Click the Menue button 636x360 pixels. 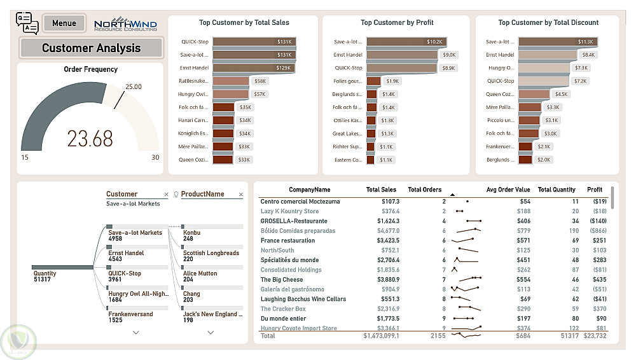(x=64, y=24)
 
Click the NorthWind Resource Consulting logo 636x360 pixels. (x=125, y=24)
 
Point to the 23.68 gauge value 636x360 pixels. (x=90, y=139)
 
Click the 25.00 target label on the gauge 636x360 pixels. (x=134, y=87)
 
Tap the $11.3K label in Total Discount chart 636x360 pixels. (x=585, y=41)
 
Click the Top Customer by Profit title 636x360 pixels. (x=397, y=22)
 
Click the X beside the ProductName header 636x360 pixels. (x=240, y=195)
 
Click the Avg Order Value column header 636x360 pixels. (x=508, y=190)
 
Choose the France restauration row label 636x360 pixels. (x=287, y=240)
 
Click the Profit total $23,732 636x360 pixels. (x=595, y=335)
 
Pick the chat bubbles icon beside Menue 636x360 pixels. (x=27, y=23)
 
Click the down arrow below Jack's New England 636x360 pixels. (x=211, y=332)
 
